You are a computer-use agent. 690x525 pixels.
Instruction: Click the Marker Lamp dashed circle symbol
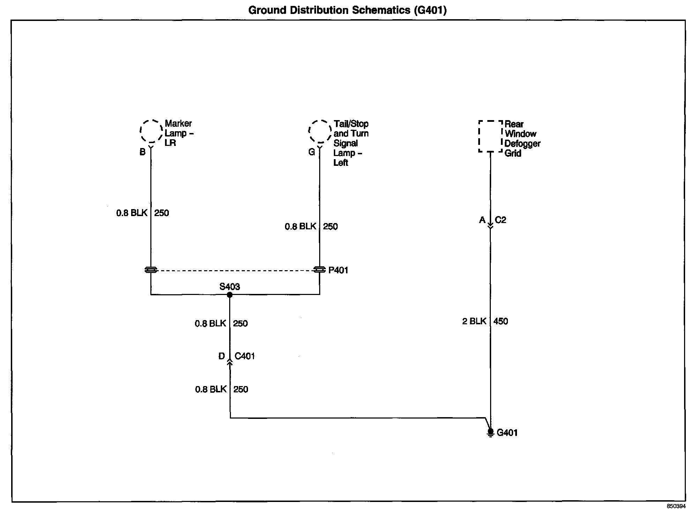151,131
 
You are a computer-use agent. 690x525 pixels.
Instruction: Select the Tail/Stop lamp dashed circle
320,132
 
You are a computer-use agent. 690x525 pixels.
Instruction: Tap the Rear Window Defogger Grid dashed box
490,136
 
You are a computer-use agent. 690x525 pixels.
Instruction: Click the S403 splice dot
230,295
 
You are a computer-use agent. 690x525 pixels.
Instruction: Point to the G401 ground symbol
490,433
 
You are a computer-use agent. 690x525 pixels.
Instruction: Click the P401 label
338,270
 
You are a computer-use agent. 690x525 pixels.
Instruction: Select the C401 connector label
245,356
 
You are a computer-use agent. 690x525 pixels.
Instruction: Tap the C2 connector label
500,220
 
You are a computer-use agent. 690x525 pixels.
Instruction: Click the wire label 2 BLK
474,321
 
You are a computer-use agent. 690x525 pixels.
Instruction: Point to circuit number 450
501,321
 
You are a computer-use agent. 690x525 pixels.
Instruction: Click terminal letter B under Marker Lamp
142,152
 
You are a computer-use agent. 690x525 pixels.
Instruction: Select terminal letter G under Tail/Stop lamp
312,152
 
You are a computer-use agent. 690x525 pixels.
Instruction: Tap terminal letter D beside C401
222,356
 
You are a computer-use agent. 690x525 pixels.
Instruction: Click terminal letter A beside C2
482,220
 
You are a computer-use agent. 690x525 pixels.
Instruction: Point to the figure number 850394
676,516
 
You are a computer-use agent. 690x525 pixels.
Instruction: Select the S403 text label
230,287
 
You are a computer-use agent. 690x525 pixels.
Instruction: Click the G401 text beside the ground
507,433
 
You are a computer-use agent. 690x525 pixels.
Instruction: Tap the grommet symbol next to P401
320,270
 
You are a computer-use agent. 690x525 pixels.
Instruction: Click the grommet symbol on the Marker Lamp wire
151,270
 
